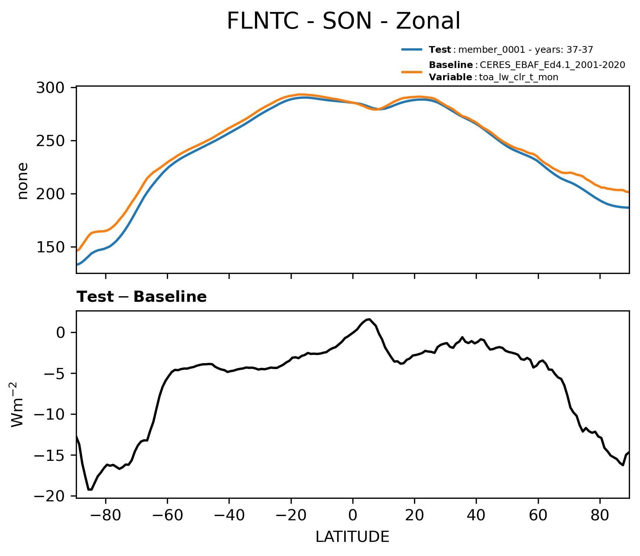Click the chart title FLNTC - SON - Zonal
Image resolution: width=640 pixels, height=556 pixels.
coord(343,21)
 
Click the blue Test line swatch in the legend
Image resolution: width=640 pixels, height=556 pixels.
coord(412,49)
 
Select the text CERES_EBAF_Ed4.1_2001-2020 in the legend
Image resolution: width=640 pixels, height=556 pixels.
coord(552,65)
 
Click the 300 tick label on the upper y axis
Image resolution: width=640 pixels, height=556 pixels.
coord(51,88)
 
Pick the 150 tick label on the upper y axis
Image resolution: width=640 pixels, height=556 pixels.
coord(51,247)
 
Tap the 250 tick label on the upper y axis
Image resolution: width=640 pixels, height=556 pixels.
coord(51,141)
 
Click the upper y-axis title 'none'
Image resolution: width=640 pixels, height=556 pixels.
coord(23,181)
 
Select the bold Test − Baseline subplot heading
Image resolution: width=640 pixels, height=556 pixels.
coord(142,297)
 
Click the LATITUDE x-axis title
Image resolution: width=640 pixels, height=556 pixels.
coord(352,537)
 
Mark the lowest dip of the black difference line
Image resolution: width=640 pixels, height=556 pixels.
coord(90,489)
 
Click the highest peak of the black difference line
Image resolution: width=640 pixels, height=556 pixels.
coord(369,319)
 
